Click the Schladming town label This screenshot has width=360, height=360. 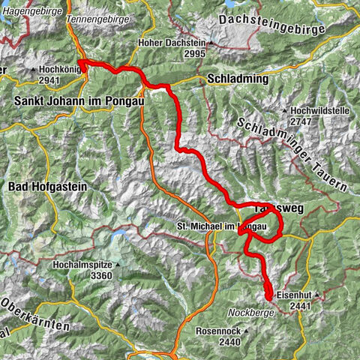coord(236,79)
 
